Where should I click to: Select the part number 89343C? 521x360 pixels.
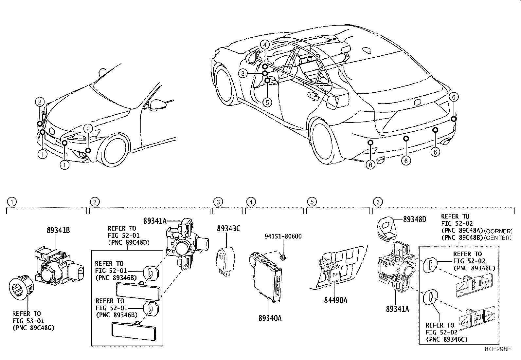[x=228, y=228]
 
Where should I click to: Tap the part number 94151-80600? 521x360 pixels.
[x=283, y=236]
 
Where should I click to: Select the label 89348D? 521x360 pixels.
[x=414, y=219]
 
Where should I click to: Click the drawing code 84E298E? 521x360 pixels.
[x=498, y=349]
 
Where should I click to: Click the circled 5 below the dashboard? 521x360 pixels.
[x=267, y=102]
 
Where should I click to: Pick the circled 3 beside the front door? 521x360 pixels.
[x=243, y=73]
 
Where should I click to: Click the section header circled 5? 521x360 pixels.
[x=312, y=202]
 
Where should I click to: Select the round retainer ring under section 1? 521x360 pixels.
[x=20, y=290]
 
